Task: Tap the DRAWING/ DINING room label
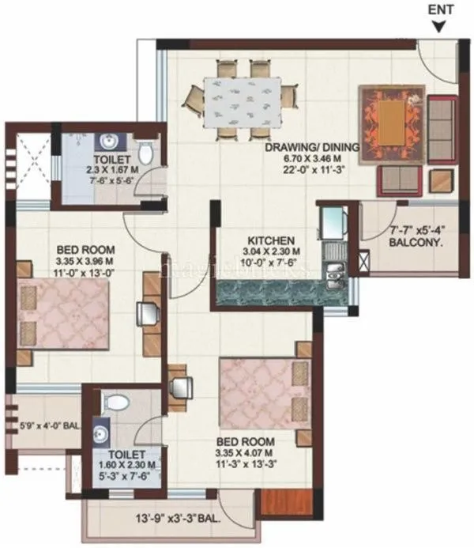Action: pyautogui.click(x=312, y=147)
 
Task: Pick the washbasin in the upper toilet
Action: pyautogui.click(x=109, y=143)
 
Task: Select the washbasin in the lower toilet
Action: pyautogui.click(x=100, y=431)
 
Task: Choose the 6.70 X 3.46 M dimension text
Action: pyautogui.click(x=312, y=158)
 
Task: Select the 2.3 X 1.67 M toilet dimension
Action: pyautogui.click(x=111, y=168)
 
